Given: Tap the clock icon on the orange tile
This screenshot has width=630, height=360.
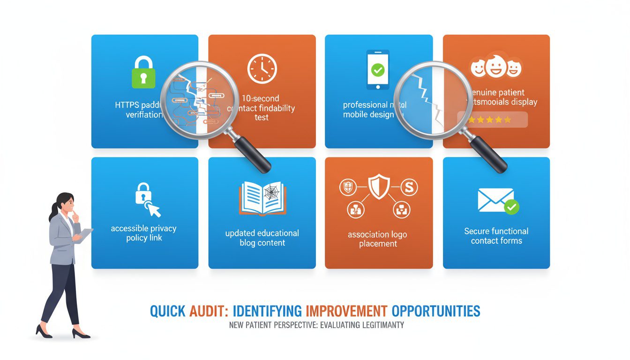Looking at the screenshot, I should (262, 69).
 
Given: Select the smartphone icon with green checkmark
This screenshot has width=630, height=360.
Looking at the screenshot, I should (378, 71).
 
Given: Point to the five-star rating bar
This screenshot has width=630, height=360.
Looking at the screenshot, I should (492, 120).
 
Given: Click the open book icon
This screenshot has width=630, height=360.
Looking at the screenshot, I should (262, 199).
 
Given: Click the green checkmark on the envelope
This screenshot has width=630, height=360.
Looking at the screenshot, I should (511, 206).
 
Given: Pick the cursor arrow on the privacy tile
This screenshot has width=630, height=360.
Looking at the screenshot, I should (153, 209).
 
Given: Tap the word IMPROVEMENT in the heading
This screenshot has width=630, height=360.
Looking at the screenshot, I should (346, 311).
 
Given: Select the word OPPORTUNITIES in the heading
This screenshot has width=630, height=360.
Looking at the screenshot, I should (436, 311).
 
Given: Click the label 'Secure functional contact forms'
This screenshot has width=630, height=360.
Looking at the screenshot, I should (496, 236).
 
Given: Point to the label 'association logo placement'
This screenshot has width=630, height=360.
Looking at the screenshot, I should (378, 239).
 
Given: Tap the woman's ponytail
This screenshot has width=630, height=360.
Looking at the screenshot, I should (52, 213).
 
